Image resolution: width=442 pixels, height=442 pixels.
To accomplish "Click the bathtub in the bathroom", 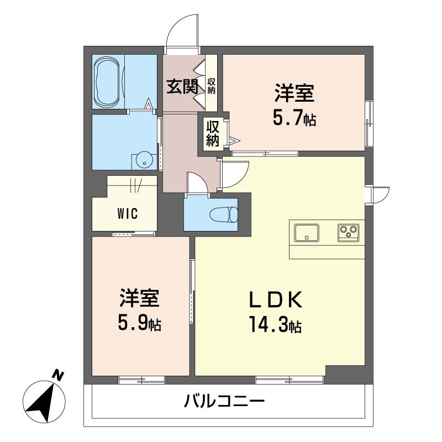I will pos(108,83).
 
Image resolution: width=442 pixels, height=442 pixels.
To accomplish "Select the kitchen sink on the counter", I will pos(306,233).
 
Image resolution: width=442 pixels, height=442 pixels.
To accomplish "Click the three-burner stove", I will pos(348,233).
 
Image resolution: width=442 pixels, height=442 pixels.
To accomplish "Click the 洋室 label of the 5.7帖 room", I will pos(294,93).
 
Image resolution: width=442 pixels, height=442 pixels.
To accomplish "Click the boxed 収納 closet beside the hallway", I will pos(213,133).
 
